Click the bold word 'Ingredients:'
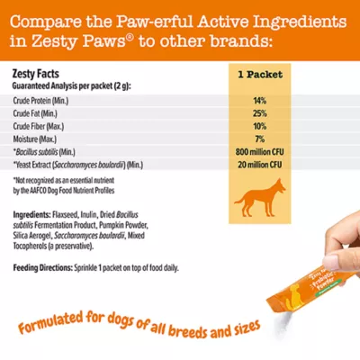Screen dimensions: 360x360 [x=39, y=214]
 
